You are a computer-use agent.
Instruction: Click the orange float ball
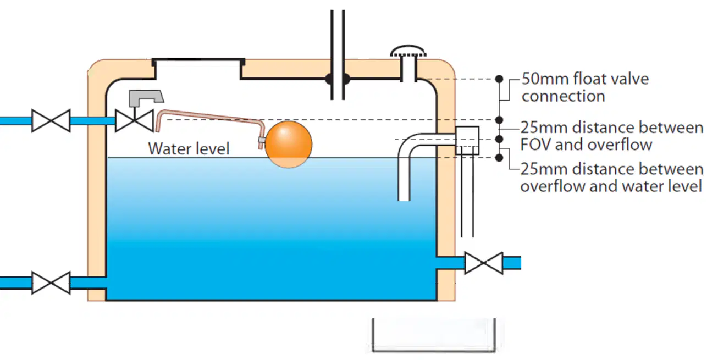click(x=289, y=144)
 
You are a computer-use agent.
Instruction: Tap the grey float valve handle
click(x=146, y=98)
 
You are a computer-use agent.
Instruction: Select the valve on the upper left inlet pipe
click(x=51, y=121)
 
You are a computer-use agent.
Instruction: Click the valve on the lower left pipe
click(x=51, y=283)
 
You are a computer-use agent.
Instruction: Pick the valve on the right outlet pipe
click(x=484, y=263)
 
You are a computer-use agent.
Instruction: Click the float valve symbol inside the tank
click(x=135, y=121)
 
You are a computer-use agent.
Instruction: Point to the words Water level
click(x=189, y=149)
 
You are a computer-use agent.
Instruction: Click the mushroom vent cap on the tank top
click(x=408, y=51)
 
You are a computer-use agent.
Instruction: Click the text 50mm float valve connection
click(x=585, y=87)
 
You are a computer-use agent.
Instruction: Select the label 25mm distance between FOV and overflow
click(x=611, y=136)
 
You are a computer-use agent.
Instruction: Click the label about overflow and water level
click(x=611, y=178)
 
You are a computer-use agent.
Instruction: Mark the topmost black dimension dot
click(x=499, y=79)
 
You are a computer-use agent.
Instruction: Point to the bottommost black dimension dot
click(x=499, y=158)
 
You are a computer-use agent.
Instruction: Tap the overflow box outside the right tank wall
click(x=467, y=140)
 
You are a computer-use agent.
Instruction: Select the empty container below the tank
click(x=434, y=336)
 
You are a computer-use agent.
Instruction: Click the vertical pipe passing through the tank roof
click(x=338, y=55)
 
